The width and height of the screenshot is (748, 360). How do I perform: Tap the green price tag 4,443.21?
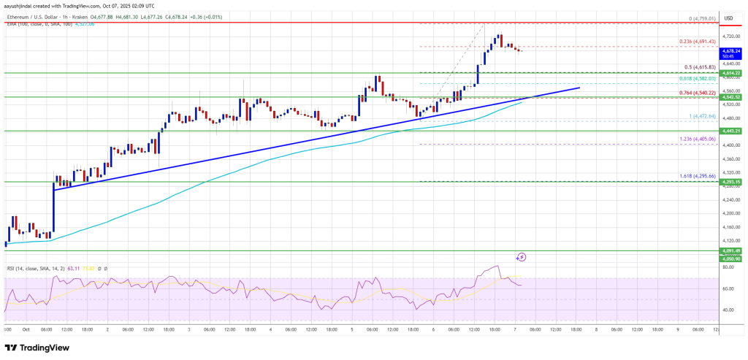(x=731, y=131)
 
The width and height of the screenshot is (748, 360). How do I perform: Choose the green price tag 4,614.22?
(x=731, y=74)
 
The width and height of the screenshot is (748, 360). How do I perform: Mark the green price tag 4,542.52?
(x=731, y=97)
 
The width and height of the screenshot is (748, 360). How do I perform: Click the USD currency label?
(x=728, y=17)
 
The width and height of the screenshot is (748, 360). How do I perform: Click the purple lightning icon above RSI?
(x=522, y=257)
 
